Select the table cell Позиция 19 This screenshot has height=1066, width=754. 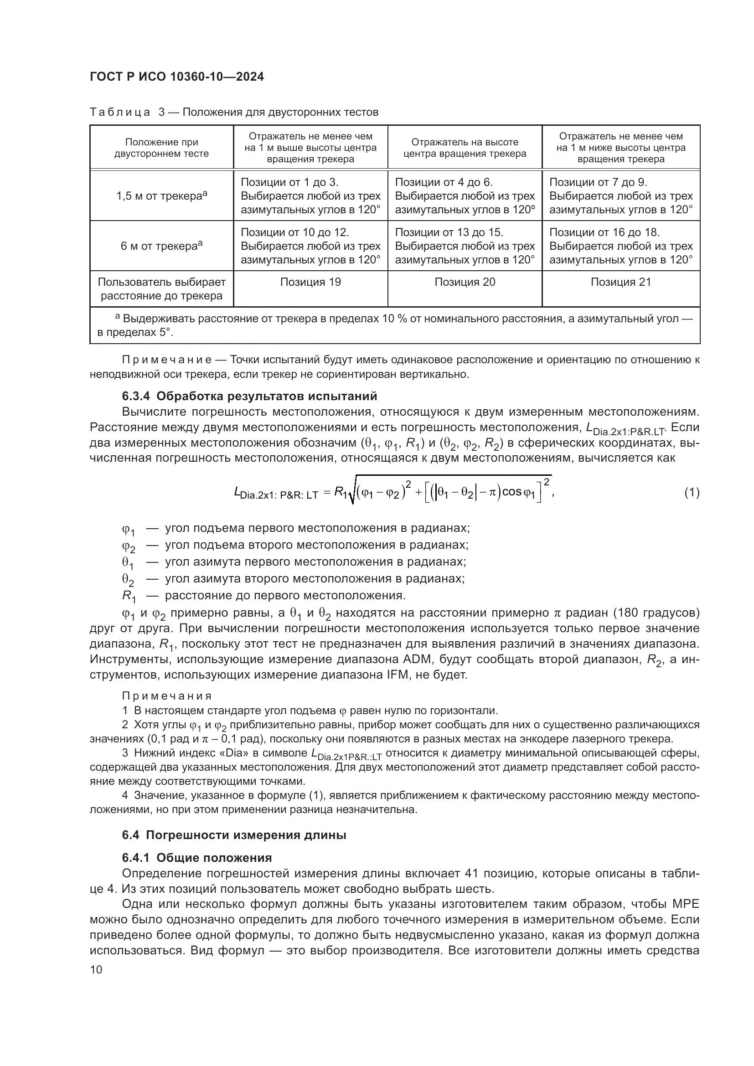click(310, 282)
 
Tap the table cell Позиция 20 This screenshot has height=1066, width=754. click(465, 282)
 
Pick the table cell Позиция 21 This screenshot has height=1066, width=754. click(621, 282)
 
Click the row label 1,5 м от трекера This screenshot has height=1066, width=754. click(161, 196)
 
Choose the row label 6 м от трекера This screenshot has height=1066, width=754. click(161, 246)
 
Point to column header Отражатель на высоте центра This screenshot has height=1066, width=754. click(465, 148)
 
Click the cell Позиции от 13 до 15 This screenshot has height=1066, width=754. click(449, 232)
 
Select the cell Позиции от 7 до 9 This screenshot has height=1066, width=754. click(598, 182)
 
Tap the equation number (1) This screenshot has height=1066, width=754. click(692, 493)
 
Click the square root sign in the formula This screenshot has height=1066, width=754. click(351, 495)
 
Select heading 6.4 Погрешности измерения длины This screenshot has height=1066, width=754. click(234, 835)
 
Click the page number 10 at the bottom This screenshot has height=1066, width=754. click(96, 970)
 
